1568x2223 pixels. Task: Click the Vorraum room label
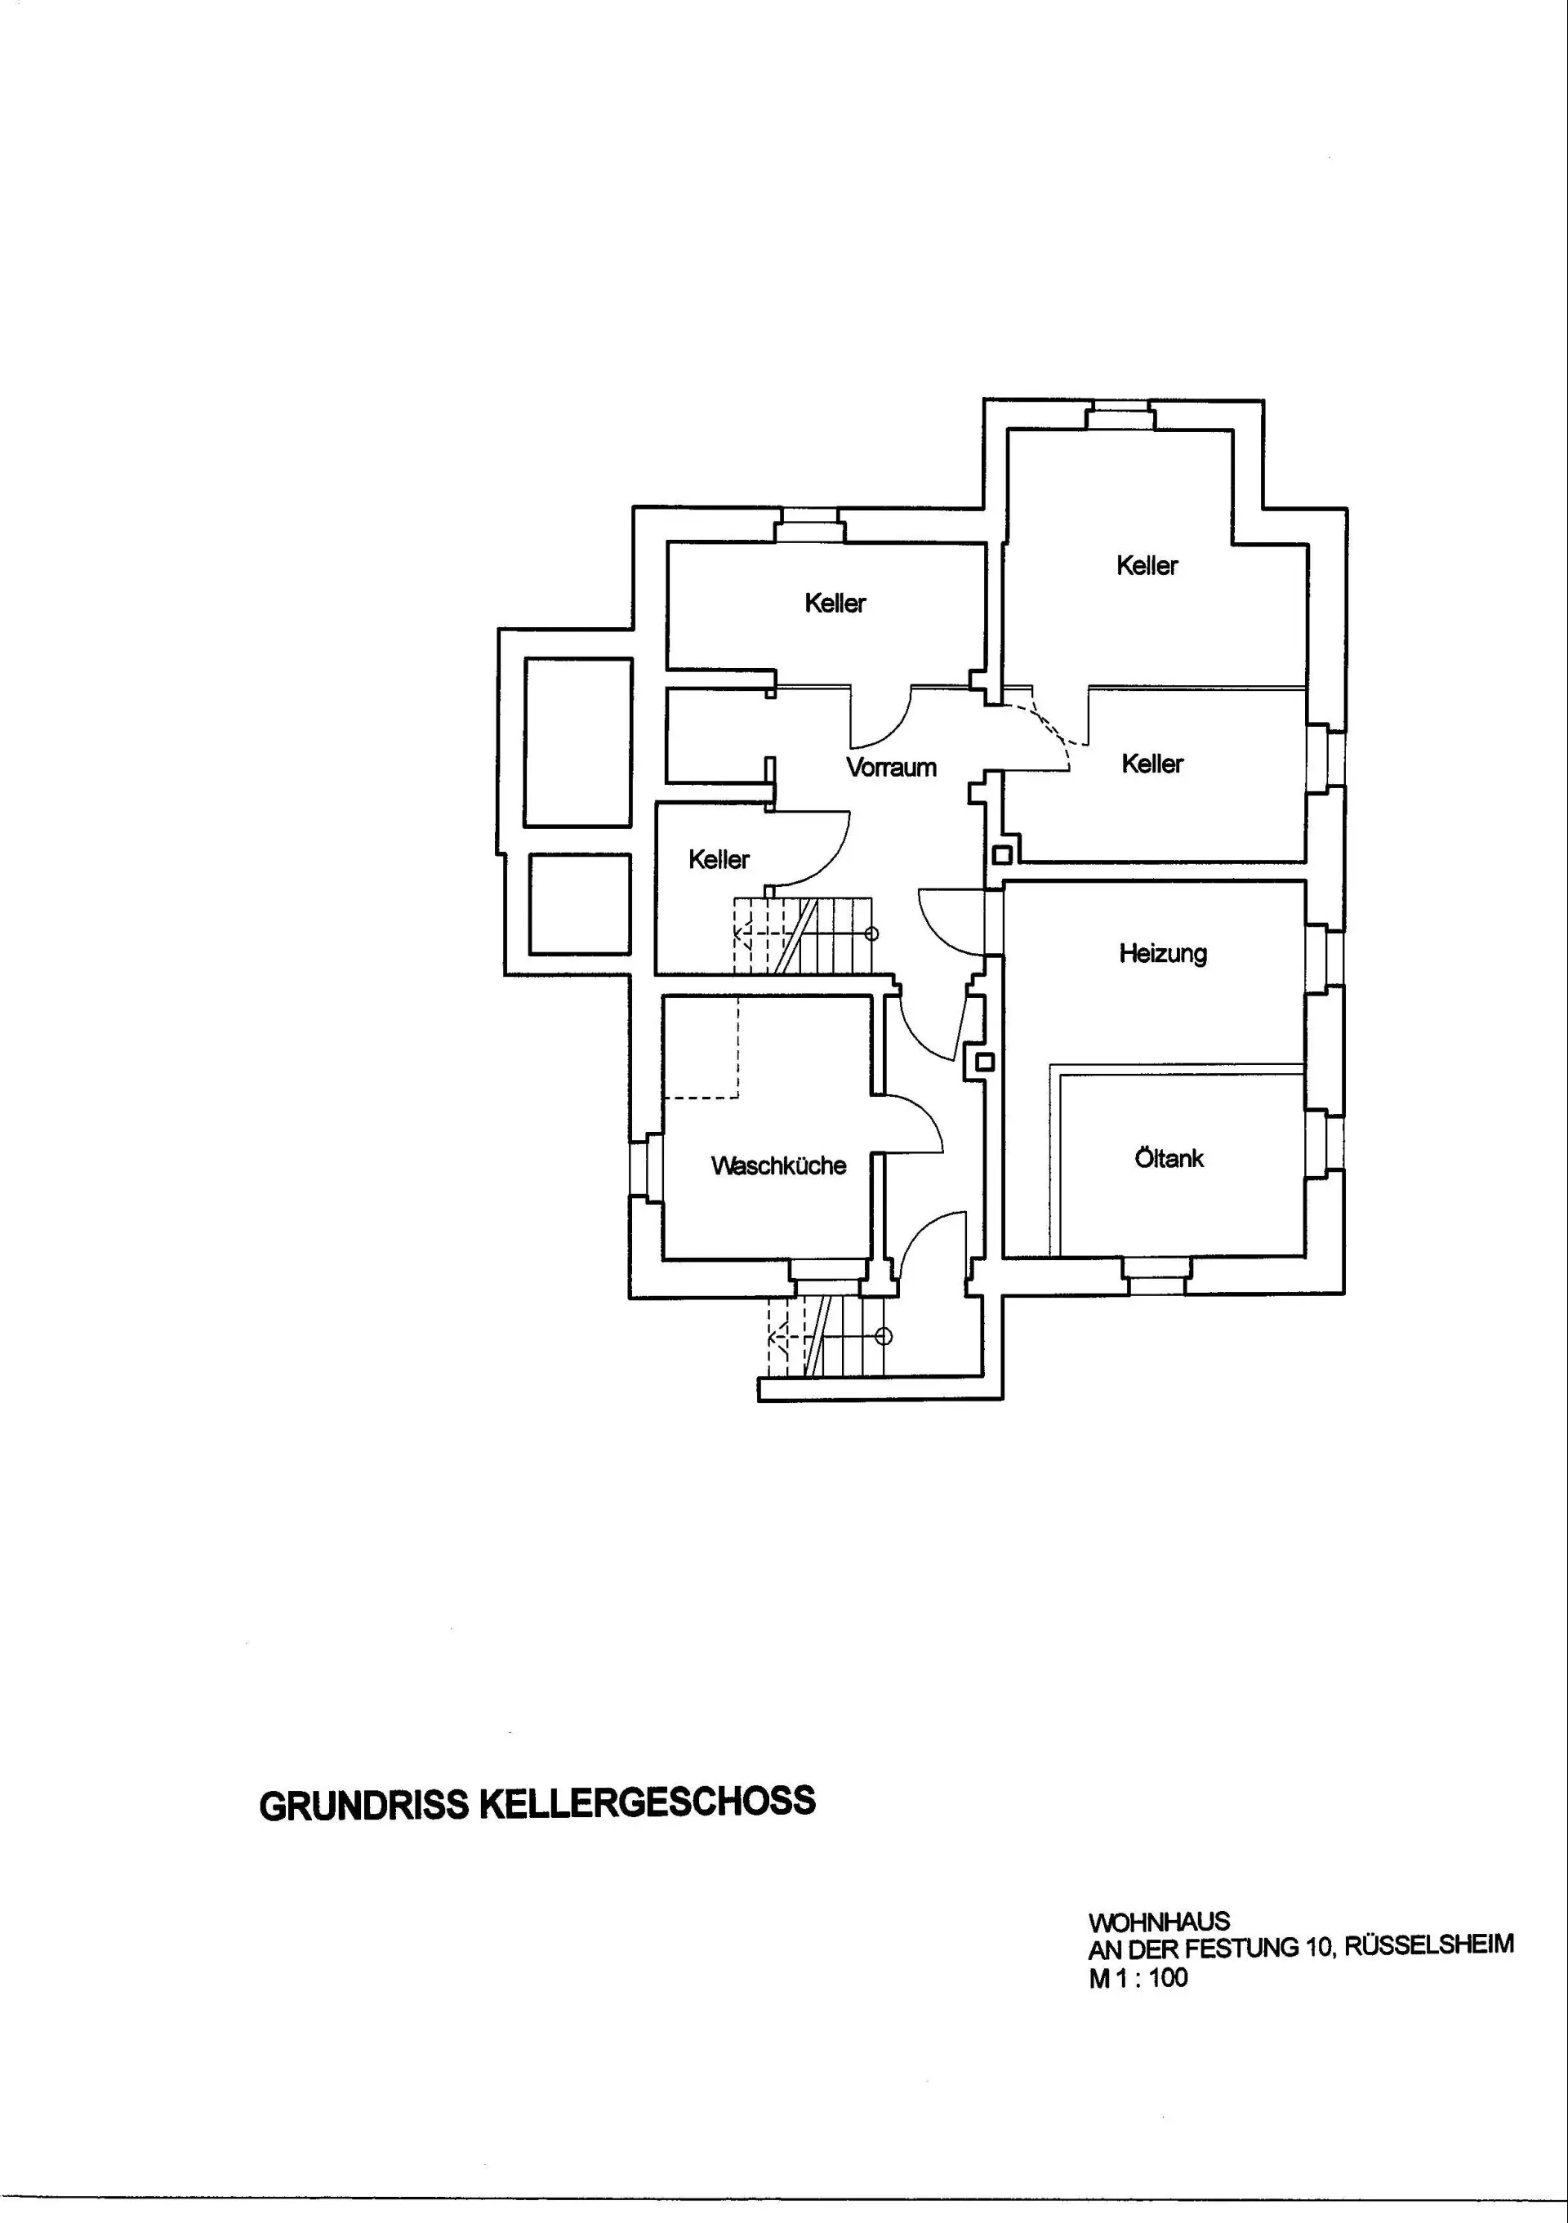(890, 768)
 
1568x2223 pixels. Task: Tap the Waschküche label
(778, 1165)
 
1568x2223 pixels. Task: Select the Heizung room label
(1162, 954)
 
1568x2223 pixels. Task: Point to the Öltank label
(1169, 1158)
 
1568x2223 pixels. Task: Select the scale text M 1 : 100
(1138, 1977)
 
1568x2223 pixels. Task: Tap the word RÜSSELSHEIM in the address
(1428, 1946)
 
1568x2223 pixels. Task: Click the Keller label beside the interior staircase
(718, 860)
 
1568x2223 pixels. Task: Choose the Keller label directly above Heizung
(1151, 764)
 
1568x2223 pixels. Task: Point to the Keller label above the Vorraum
(835, 604)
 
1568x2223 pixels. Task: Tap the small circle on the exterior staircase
(883, 1337)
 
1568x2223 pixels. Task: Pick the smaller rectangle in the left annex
(580, 903)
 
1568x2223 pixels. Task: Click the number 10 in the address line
(1318, 1947)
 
